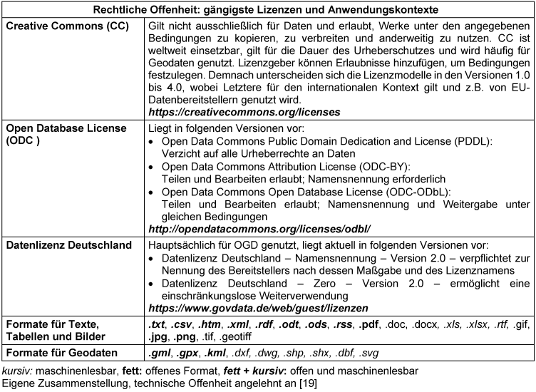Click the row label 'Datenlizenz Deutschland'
click(x=69, y=246)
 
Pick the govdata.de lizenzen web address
click(x=258, y=309)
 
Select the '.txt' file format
click(x=155, y=325)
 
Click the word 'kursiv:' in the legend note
click(x=17, y=371)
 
